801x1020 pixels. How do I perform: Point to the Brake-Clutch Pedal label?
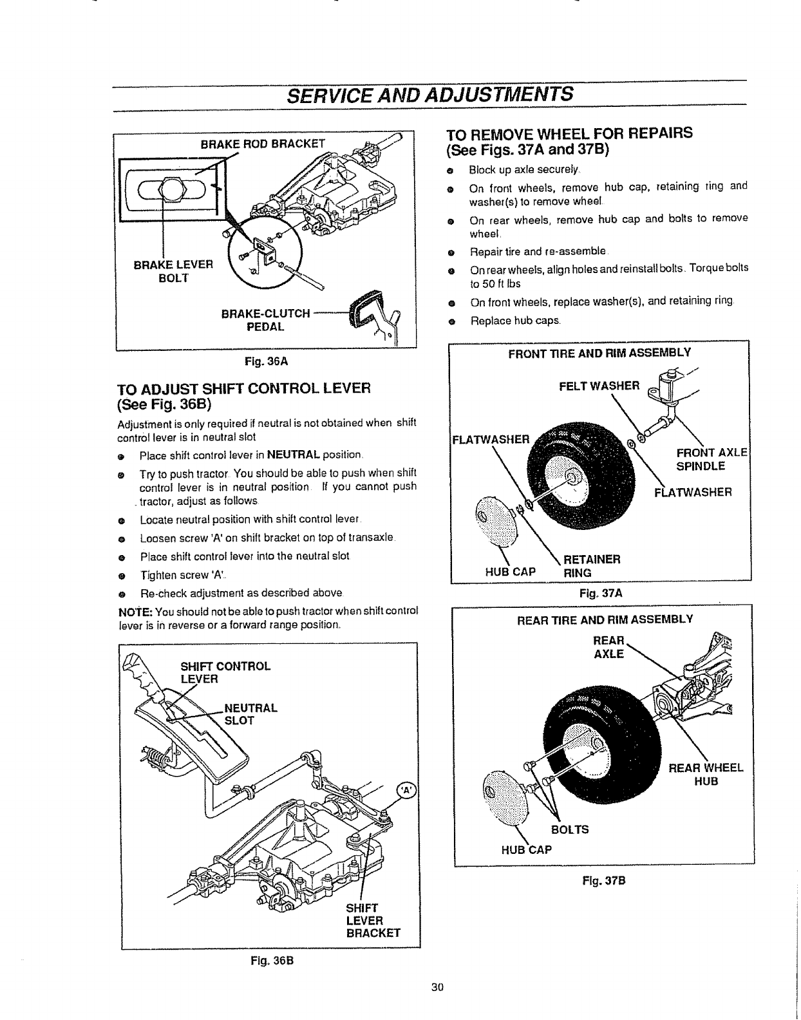click(265, 320)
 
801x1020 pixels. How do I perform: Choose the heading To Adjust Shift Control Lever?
click(244, 396)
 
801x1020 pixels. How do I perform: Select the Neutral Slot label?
click(250, 714)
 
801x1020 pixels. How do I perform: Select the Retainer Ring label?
click(591, 565)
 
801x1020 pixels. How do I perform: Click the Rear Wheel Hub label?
click(706, 775)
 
